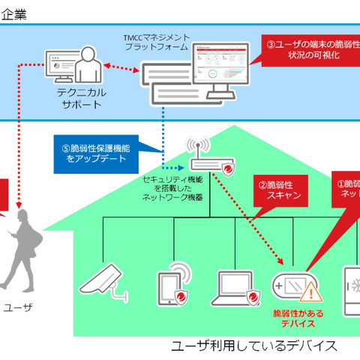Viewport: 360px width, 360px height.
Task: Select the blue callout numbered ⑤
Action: pos(95,152)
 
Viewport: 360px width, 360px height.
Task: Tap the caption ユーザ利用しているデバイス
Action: pos(253,346)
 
